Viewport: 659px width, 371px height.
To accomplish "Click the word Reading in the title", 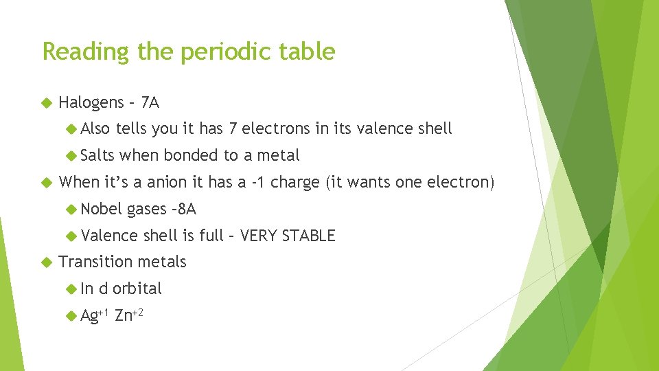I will click(77, 52).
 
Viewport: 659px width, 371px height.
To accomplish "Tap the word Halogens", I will click(91, 104).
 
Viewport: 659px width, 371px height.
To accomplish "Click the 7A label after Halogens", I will click(149, 104).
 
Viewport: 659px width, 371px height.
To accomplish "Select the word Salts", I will click(97, 156).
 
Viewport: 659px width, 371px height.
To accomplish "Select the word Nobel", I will click(101, 209).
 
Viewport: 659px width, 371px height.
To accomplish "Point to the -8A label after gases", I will click(184, 209).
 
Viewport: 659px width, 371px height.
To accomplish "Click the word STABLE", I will click(308, 236).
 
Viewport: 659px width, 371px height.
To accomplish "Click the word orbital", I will click(137, 289).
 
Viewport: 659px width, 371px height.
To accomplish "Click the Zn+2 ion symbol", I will click(129, 315).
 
